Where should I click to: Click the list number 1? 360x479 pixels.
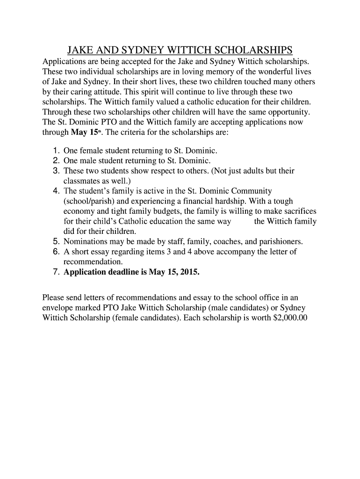(55, 151)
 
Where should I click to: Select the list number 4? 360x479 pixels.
(56, 191)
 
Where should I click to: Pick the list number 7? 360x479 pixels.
(56, 272)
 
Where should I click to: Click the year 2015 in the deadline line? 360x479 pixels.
(189, 272)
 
